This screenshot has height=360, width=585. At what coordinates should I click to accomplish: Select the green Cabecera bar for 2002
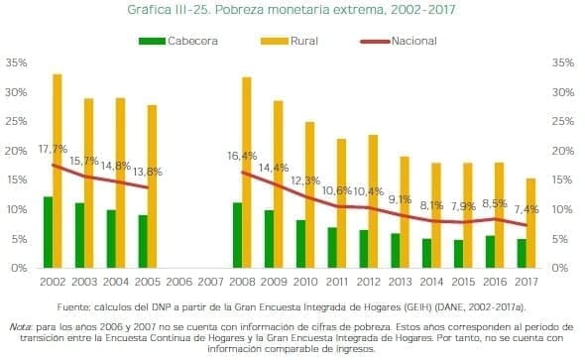[x=47, y=232]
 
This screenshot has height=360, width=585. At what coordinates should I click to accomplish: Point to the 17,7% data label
[x=53, y=149]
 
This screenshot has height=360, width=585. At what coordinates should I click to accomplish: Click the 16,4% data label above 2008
[x=242, y=156]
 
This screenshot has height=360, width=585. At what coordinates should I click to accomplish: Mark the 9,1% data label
[x=400, y=199]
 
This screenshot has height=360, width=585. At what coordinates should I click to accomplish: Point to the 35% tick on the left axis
[x=16, y=62]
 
